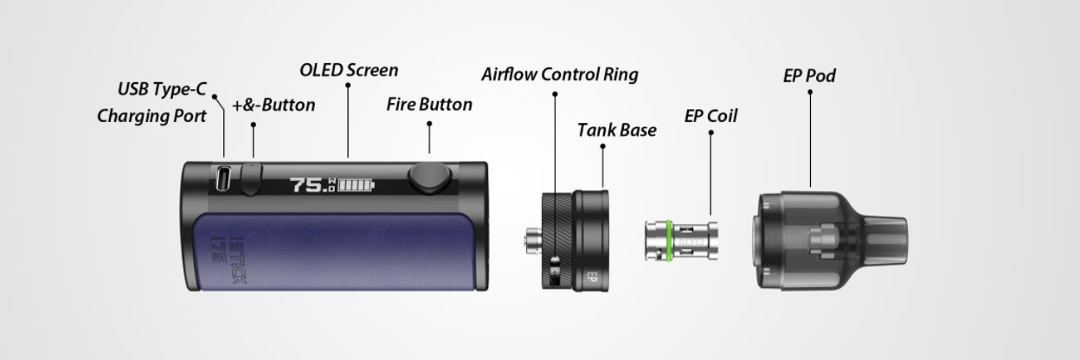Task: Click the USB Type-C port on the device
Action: pos(223,180)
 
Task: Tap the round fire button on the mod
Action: pos(429,177)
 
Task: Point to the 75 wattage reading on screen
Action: pos(307,185)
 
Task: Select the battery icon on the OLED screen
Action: pos(357,185)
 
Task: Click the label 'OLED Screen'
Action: pos(349,70)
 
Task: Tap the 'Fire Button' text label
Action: pos(429,105)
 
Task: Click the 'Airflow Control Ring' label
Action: pos(560,74)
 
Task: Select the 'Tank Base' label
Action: pos(617,131)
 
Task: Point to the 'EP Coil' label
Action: pos(710,116)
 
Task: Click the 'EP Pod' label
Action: pos(809,76)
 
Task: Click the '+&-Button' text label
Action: pos(273,106)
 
